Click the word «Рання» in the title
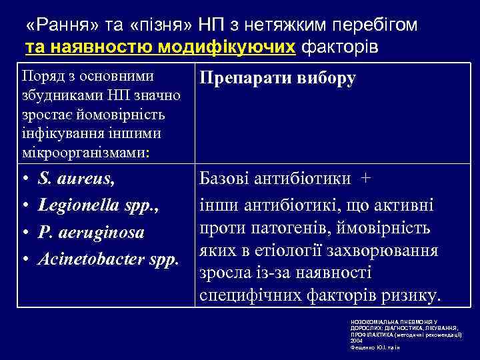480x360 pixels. point(61,26)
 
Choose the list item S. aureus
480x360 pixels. point(76,179)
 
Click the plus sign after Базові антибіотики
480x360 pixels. point(365,179)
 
